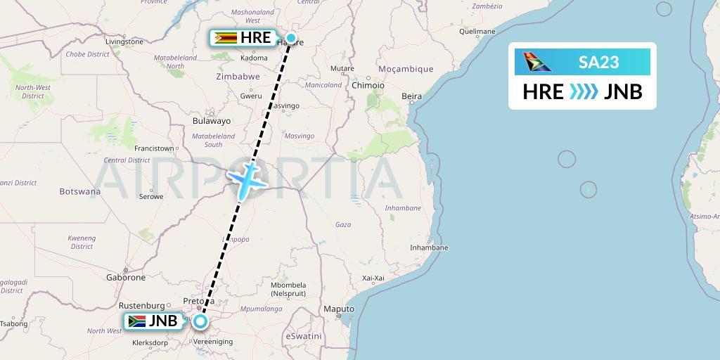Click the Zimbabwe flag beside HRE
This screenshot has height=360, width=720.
pyautogui.click(x=226, y=38)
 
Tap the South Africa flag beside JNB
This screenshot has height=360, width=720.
pyautogui.click(x=137, y=321)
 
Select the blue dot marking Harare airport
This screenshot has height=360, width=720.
pyautogui.click(x=290, y=38)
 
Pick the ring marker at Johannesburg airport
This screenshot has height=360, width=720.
pyautogui.click(x=200, y=322)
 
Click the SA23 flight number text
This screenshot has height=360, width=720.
pyautogui.click(x=598, y=62)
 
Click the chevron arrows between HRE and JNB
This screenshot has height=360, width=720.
pyautogui.click(x=583, y=92)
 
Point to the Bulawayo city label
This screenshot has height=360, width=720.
pyautogui.click(x=212, y=121)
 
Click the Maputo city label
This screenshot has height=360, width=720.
pyautogui.click(x=338, y=309)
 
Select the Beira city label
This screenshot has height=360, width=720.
pyautogui.click(x=411, y=96)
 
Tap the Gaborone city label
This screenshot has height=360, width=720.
pyautogui.click(x=127, y=277)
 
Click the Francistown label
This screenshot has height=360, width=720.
pyautogui.click(x=155, y=148)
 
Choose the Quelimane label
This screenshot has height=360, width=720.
pyautogui.click(x=477, y=32)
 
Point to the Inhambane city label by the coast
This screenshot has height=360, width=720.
pyautogui.click(x=429, y=247)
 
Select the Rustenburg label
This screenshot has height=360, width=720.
pyautogui.click(x=141, y=305)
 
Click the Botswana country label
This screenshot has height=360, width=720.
pyautogui.click(x=79, y=191)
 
